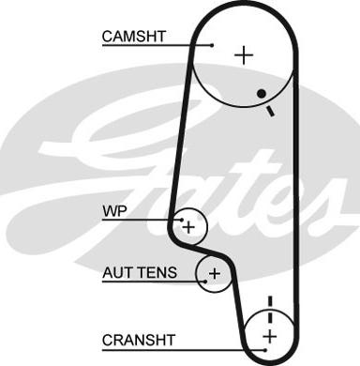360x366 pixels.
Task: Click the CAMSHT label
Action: point(134,37)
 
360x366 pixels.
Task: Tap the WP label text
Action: point(114,211)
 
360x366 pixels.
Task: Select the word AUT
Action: point(117,272)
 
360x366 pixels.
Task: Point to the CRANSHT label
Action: point(139,340)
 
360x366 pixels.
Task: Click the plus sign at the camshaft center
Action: point(244,55)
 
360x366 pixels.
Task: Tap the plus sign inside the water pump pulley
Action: point(188,227)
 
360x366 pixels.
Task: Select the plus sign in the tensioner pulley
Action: point(215,274)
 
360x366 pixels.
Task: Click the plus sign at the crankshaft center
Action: point(269,337)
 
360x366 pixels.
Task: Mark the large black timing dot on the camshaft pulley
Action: point(262,93)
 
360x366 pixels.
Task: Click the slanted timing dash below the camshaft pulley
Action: point(270,112)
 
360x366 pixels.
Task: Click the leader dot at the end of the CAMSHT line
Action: point(212,46)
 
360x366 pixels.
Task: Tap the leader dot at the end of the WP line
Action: point(182,220)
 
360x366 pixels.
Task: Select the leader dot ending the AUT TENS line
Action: point(205,282)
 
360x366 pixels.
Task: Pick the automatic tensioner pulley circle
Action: point(196,274)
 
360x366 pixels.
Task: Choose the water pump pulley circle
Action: point(207,226)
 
